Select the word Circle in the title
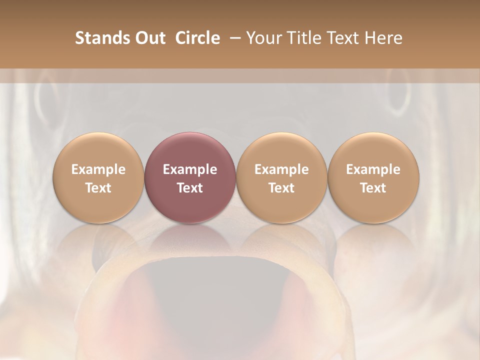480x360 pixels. [x=196, y=38]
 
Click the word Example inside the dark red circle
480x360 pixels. [x=190, y=169]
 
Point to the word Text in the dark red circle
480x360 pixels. [x=190, y=188]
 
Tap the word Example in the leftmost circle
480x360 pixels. [x=98, y=169]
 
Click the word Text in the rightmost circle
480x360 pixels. [x=373, y=188]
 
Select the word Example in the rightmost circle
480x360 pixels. [x=373, y=169]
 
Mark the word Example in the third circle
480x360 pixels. [x=281, y=169]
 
